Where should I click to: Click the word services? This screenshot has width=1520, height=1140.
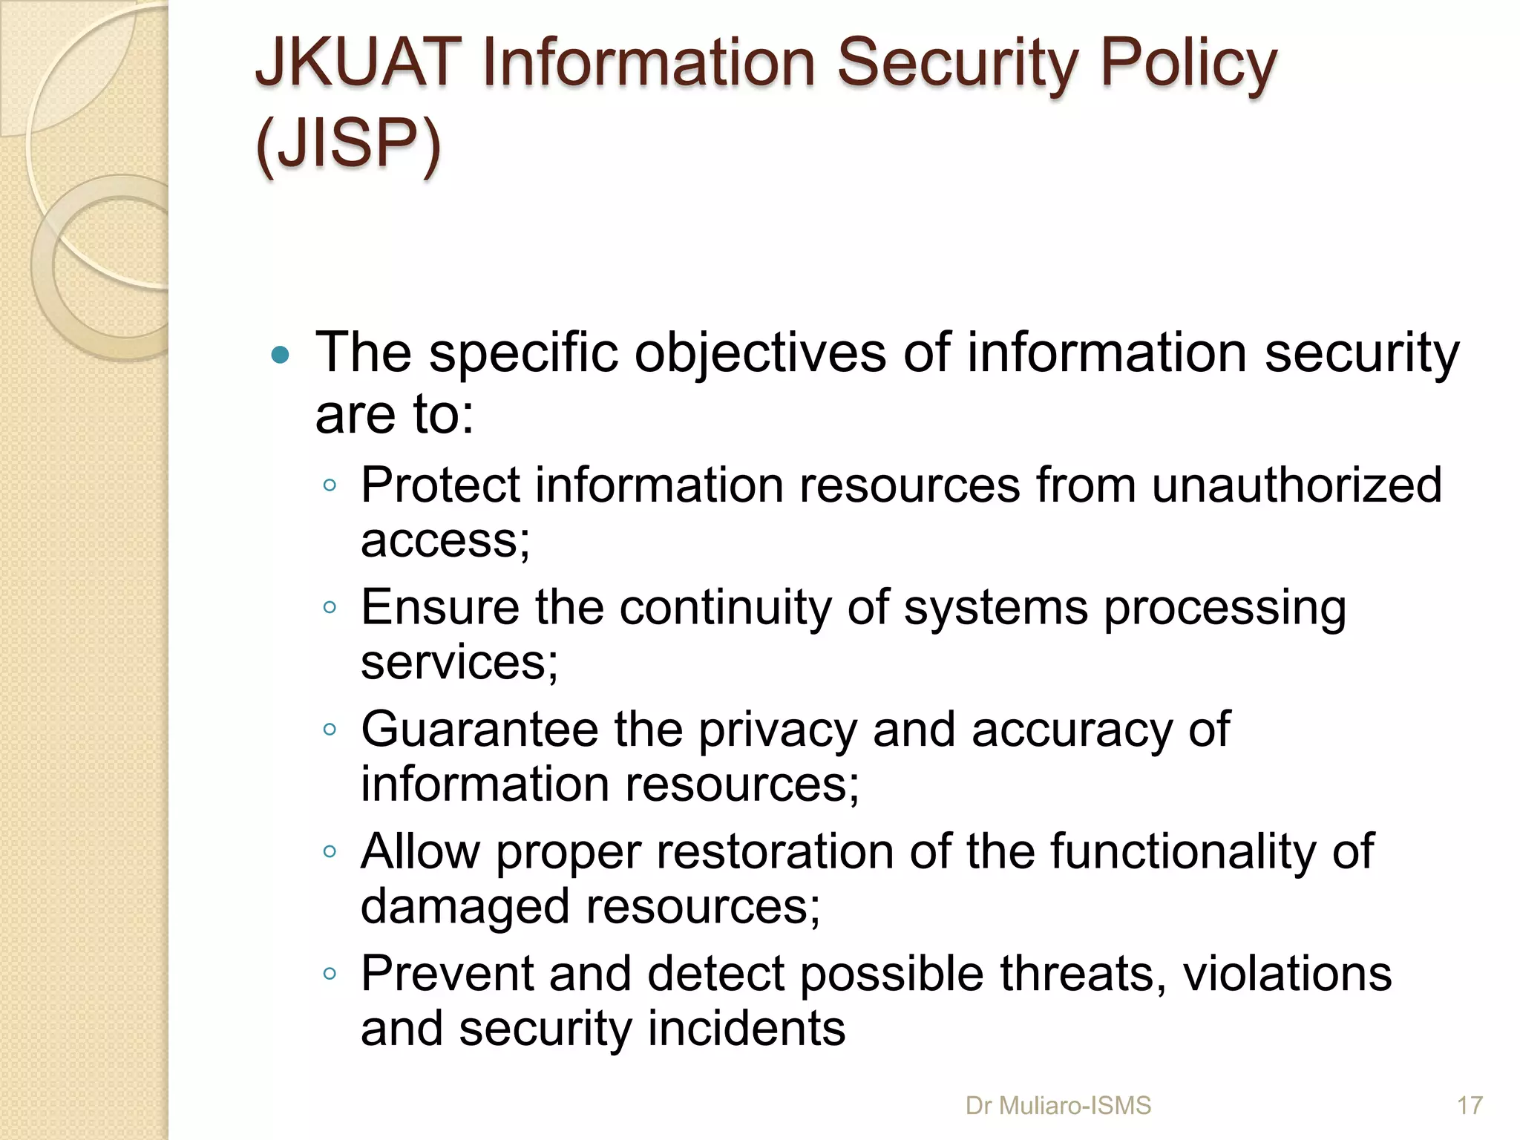pyautogui.click(x=459, y=662)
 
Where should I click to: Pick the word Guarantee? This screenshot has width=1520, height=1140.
pyautogui.click(x=479, y=730)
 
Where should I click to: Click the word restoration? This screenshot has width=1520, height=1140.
pyautogui.click(x=775, y=851)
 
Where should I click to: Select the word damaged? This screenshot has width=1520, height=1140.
pyautogui.click(x=465, y=908)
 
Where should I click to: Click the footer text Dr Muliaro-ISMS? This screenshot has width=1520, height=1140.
pyautogui.click(x=1058, y=1106)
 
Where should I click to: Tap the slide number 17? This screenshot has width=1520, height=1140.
pyautogui.click(x=1470, y=1106)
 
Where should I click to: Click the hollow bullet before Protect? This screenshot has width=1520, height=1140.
pyautogui.click(x=330, y=486)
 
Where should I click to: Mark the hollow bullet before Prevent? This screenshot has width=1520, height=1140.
pyautogui.click(x=330, y=974)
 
